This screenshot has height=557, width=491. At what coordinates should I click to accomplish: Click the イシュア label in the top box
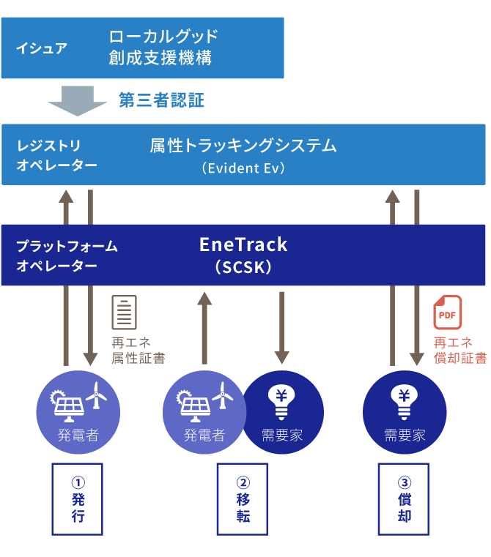point(42,49)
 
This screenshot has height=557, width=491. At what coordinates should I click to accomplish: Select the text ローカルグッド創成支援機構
point(163,48)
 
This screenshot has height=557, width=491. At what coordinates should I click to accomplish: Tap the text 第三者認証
point(161,100)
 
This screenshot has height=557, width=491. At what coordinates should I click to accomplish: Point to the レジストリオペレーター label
point(56,155)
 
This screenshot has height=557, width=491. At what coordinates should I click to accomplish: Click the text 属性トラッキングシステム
point(243,146)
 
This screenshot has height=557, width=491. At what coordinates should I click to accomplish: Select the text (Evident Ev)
point(243,168)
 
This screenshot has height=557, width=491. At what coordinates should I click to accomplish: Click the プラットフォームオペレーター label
point(67,255)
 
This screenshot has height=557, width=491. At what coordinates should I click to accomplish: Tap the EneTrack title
point(243,244)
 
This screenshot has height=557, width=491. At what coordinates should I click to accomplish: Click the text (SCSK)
point(243,268)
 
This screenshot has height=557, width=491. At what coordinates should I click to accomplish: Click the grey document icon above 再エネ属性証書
point(124,313)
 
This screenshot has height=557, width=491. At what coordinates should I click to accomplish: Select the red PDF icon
point(448,313)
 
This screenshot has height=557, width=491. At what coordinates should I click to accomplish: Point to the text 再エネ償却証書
point(460,350)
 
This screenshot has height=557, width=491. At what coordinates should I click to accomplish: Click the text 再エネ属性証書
point(139,350)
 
